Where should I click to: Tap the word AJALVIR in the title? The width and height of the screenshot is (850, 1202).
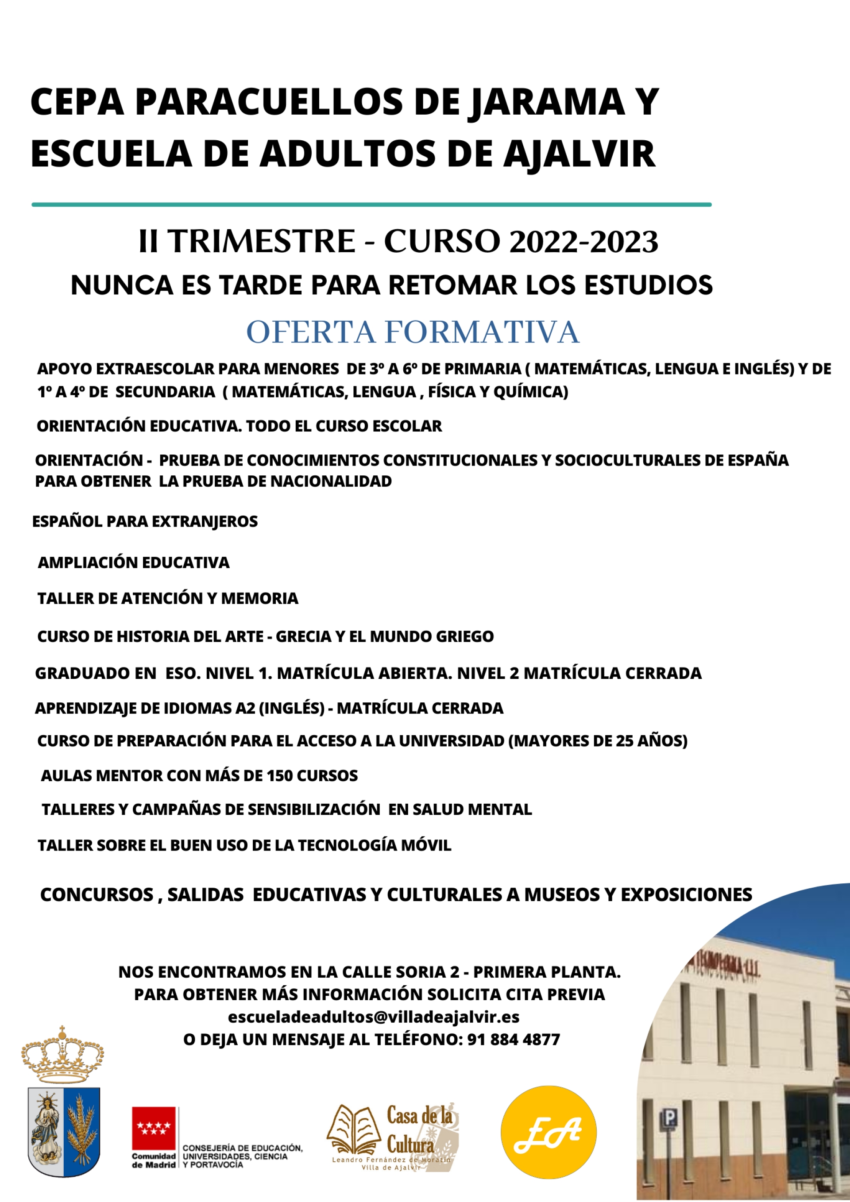point(579,154)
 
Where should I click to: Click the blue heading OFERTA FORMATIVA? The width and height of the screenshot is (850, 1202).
point(413,332)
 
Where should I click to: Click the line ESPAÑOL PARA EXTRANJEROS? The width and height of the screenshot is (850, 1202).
point(145,521)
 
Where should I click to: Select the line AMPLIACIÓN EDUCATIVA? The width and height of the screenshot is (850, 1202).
point(134,563)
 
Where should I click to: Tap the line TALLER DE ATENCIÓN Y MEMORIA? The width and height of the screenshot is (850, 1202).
point(168,598)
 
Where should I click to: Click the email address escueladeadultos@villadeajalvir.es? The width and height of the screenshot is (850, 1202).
point(373,1017)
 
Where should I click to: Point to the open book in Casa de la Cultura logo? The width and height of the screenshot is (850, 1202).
point(354,1130)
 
